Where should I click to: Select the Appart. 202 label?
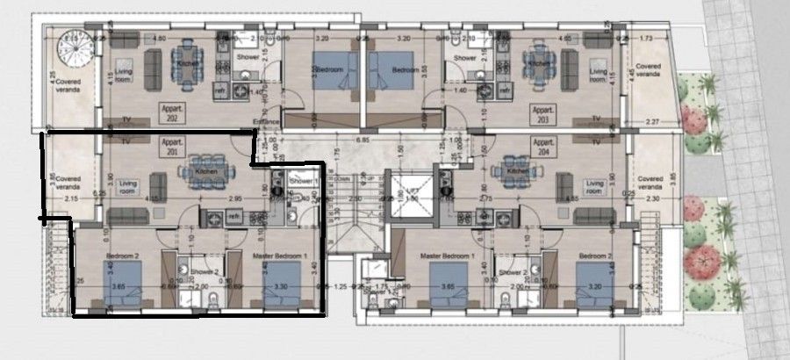(x=172, y=112)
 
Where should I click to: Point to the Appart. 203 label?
(x=542, y=112)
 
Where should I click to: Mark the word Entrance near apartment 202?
(x=264, y=121)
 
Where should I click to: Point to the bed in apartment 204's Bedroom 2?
(x=592, y=284)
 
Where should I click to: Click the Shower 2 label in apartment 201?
(x=204, y=272)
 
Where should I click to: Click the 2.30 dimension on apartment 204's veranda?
(x=650, y=199)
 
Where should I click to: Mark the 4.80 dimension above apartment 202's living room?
(x=159, y=39)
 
